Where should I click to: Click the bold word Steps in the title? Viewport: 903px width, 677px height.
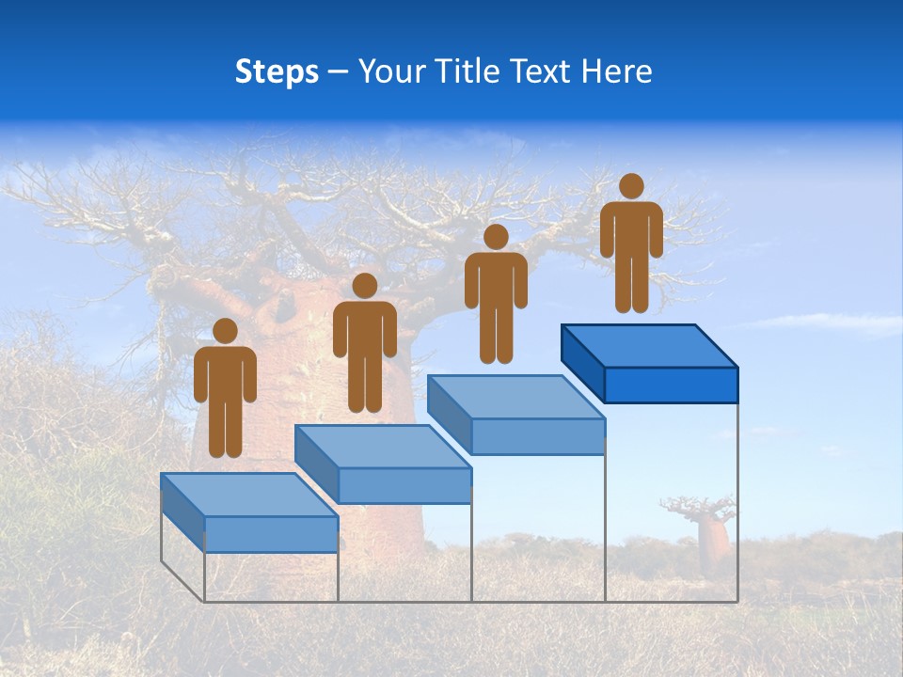pyautogui.click(x=277, y=72)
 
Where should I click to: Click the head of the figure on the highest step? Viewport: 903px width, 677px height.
pyautogui.click(x=631, y=186)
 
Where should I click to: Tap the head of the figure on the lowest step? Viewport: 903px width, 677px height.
pyautogui.click(x=225, y=331)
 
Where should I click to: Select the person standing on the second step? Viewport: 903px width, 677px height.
pyautogui.click(x=364, y=343)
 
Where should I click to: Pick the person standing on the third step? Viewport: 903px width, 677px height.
pyautogui.click(x=496, y=293)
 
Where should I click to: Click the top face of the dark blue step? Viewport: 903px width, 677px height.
pyautogui.click(x=649, y=345)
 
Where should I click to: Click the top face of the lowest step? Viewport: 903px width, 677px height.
pyautogui.click(x=249, y=495)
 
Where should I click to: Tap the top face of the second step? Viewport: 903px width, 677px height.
pyautogui.click(x=383, y=446)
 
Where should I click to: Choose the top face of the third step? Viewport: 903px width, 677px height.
pyautogui.click(x=516, y=396)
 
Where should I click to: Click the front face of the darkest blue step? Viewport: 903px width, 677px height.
pyautogui.click(x=671, y=385)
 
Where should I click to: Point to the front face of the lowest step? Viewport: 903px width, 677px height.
pyautogui.click(x=271, y=534)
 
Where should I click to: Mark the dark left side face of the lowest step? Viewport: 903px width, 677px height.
pyautogui.click(x=182, y=512)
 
